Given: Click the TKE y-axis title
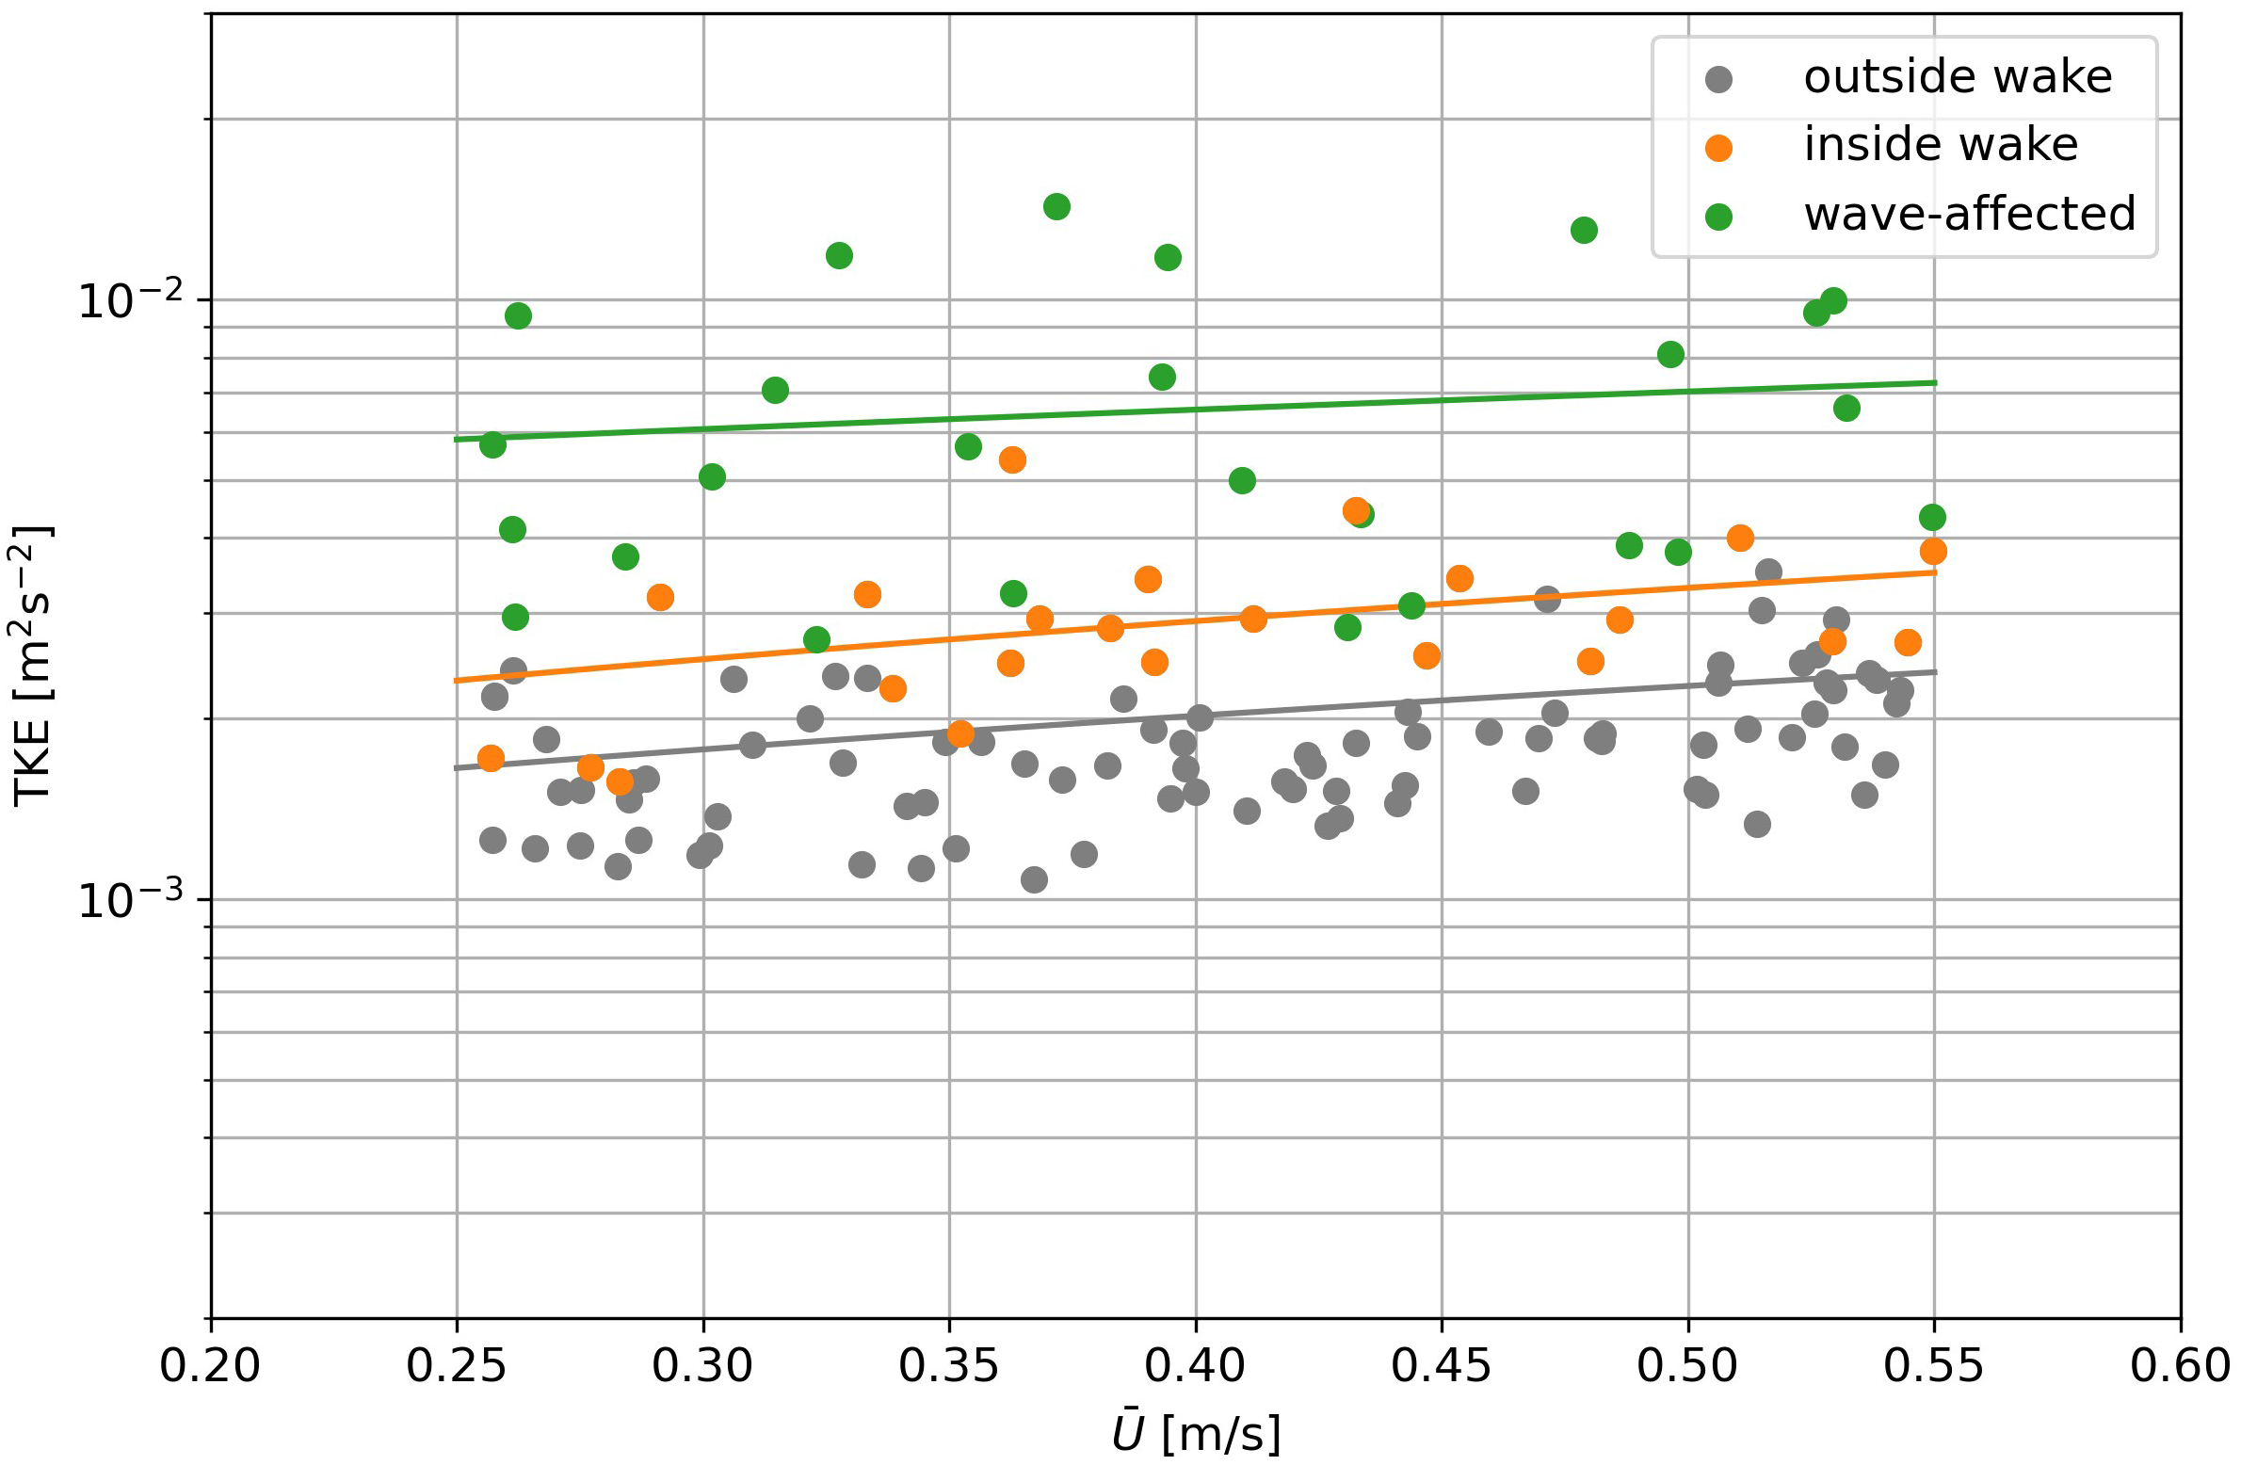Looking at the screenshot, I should (34, 666).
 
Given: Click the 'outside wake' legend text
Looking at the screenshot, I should (1958, 77).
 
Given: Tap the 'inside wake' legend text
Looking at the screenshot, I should (1941, 146).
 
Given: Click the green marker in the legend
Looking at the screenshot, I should (1718, 217).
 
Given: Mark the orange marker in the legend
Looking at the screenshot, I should (1718, 148).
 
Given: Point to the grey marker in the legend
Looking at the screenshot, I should (1718, 79).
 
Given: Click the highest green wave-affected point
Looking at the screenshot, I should (1056, 206).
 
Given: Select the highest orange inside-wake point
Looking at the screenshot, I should (1012, 459).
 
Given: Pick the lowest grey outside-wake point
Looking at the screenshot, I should (1034, 879).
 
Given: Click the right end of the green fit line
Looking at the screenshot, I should (1934, 382).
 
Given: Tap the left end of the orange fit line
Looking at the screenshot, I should (458, 680).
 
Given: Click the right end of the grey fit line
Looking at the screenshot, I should (1934, 672).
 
